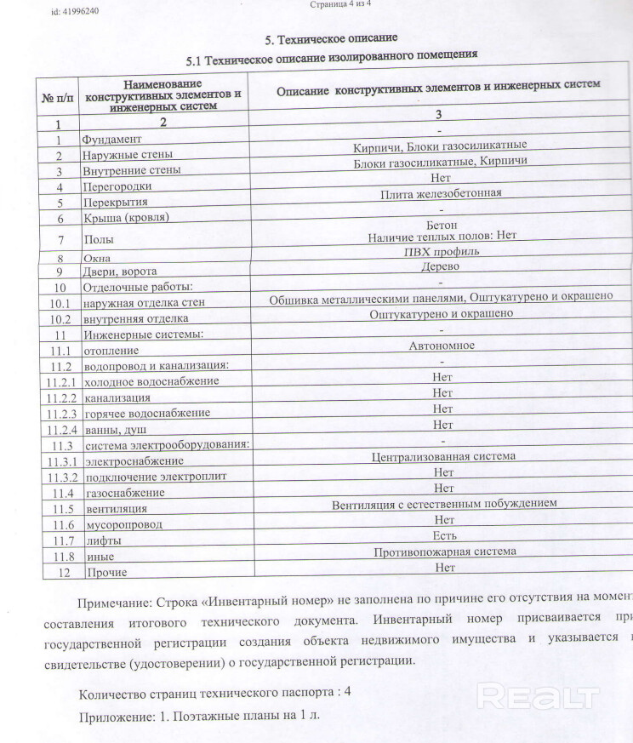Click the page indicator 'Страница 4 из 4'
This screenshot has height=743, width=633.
pos(339,4)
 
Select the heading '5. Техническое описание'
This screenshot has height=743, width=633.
pos(331,39)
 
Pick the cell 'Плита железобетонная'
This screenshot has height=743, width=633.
pos(440,193)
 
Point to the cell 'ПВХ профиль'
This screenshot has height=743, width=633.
pos(440,251)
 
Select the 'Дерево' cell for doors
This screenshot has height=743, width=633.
pos(440,266)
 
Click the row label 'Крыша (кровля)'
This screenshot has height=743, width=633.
pos(126,218)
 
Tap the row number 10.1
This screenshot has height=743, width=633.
pos(59,304)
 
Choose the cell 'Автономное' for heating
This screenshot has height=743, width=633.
pos(441,346)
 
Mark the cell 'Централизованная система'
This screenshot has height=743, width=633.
pos(443,456)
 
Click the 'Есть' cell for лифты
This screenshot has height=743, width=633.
pos(443,535)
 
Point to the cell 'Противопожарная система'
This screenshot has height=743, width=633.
pos(444,552)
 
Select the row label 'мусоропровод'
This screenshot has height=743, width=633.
pos(123,525)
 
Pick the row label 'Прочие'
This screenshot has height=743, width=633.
pos(105,573)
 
